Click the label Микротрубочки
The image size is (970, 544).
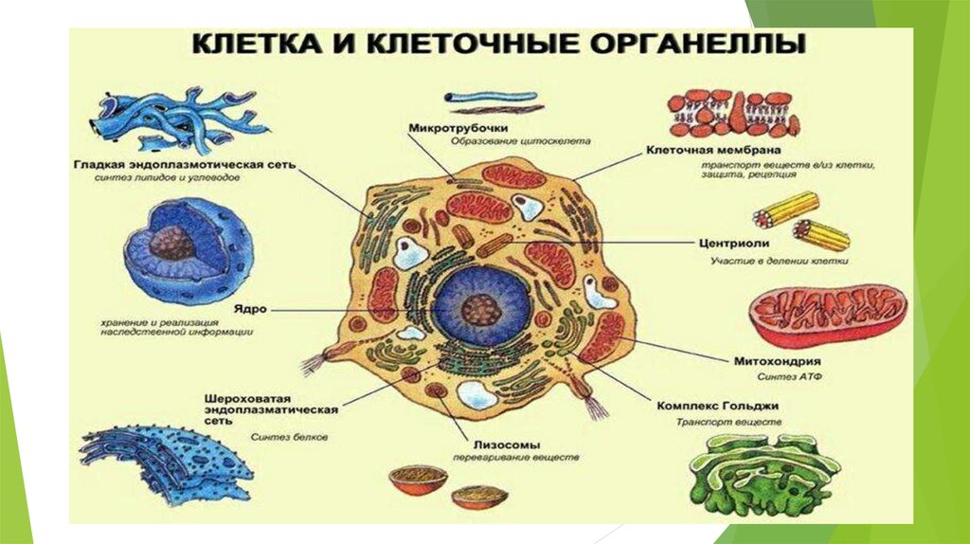click(x=458, y=128)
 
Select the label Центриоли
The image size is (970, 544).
click(x=732, y=242)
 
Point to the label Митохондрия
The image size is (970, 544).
click(x=777, y=361)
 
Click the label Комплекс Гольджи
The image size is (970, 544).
click(x=725, y=406)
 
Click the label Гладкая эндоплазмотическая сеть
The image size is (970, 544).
click(x=185, y=164)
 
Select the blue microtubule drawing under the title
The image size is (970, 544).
click(x=491, y=98)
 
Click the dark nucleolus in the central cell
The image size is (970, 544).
click(x=482, y=309)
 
